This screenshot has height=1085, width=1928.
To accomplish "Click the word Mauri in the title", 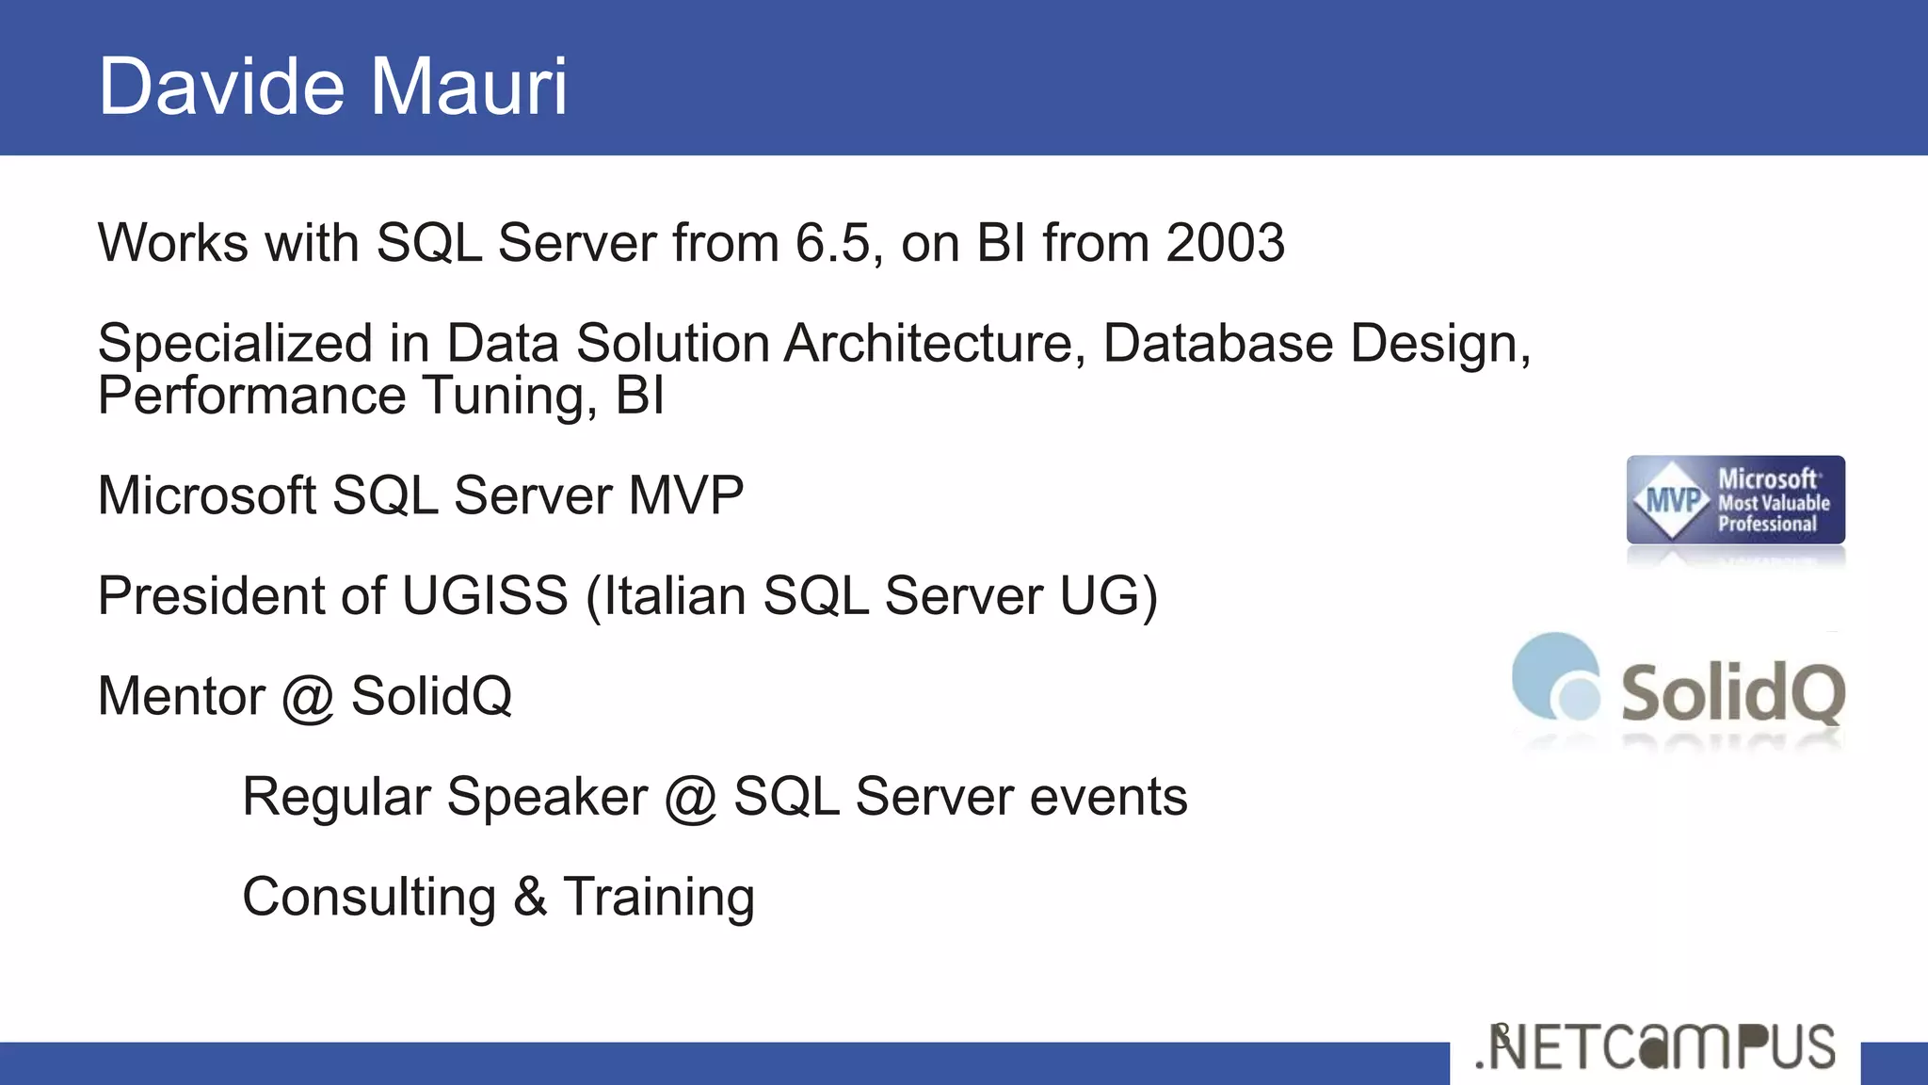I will tap(467, 87).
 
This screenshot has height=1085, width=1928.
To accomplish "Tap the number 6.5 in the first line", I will tap(832, 243).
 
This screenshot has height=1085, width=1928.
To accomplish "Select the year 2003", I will tap(1225, 243).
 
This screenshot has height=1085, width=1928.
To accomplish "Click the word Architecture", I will tap(928, 343).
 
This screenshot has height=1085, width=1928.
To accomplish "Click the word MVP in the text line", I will tap(685, 495).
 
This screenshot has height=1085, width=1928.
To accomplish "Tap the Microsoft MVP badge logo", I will tap(1735, 500).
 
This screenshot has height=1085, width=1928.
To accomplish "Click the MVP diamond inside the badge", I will tap(1671, 500).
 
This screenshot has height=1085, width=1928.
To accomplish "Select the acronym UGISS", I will tap(485, 596).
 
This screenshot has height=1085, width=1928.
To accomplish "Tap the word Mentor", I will tap(181, 697).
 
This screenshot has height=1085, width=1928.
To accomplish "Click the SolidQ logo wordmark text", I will tap(1732, 692).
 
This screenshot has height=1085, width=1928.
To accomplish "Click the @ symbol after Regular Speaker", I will tap(690, 799).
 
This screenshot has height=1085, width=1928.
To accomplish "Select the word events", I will tap(1108, 797).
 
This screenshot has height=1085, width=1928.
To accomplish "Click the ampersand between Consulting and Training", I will tap(530, 897).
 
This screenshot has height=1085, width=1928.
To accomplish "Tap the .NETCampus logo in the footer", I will tap(1655, 1047).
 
